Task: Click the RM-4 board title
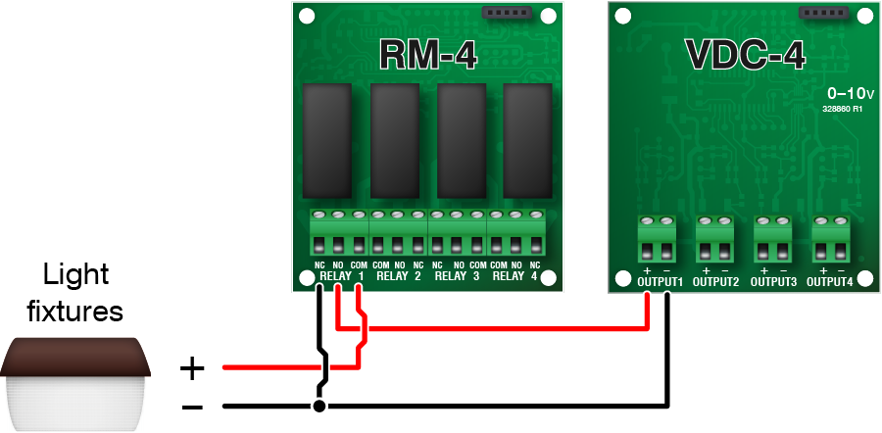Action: coord(428,55)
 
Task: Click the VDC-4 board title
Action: coord(745,55)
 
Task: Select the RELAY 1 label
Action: coord(342,276)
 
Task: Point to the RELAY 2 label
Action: coord(399,276)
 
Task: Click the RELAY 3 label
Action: coord(458,276)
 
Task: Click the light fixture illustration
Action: coord(74,382)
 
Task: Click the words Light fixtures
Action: coord(74,294)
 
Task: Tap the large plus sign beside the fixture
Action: coord(192,369)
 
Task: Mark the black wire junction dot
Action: coord(318,405)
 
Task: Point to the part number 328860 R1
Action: coord(842,110)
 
